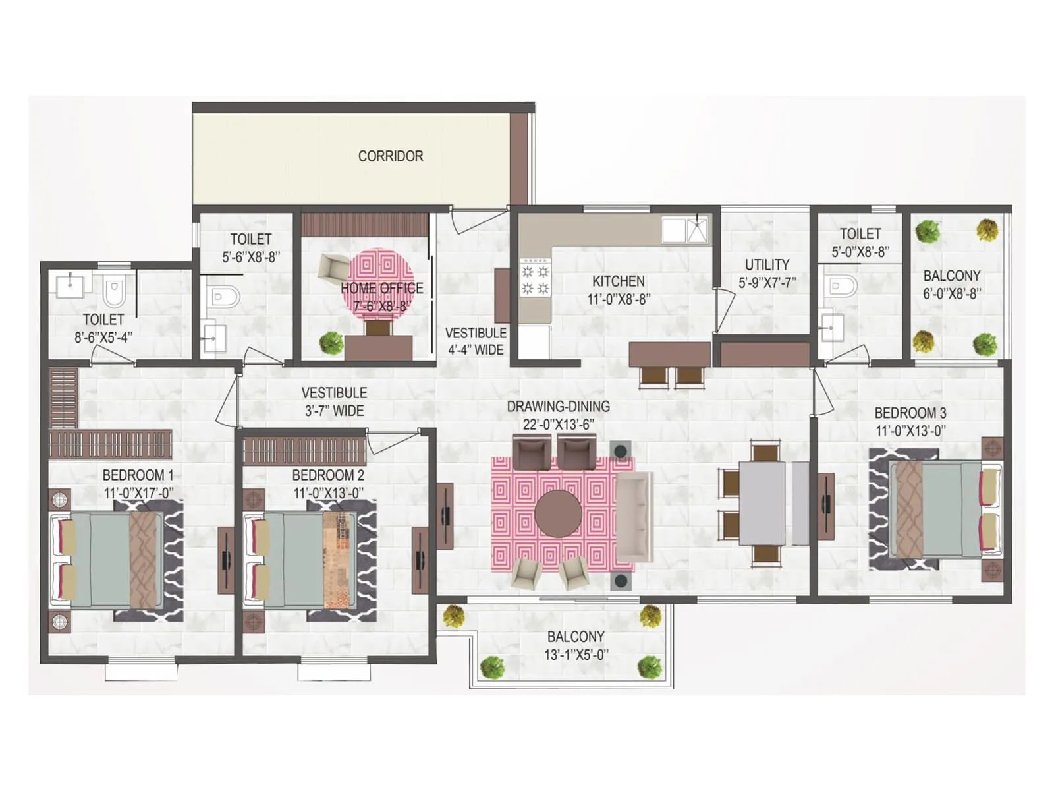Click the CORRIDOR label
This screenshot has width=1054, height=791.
[x=391, y=156]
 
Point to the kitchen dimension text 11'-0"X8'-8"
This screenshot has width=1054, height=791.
[x=619, y=299]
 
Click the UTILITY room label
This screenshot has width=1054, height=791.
[x=767, y=265]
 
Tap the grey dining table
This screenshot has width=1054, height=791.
[x=762, y=503]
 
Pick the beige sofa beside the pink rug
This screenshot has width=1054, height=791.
[x=633, y=516]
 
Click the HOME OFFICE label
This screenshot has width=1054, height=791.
[x=382, y=288]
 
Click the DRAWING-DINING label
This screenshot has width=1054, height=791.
[x=558, y=407]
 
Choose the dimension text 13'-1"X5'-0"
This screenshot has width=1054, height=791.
[x=576, y=655]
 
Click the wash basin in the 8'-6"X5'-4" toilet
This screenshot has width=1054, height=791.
[x=70, y=285]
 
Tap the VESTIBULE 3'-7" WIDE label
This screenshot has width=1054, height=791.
[x=334, y=401]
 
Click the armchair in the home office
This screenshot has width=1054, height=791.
[x=332, y=268]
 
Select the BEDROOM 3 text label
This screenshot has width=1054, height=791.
[x=910, y=413]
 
